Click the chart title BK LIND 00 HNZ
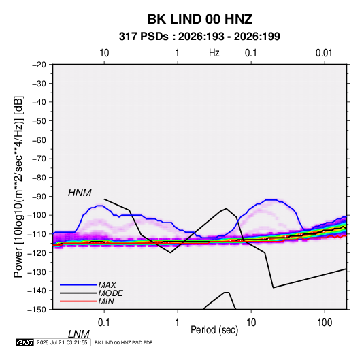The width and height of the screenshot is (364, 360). point(200,19)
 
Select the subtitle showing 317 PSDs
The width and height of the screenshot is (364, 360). point(199,37)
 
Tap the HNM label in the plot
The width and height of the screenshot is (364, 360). point(80,193)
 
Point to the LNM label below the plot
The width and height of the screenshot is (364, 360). point(78,334)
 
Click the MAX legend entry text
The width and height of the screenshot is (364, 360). point(107,284)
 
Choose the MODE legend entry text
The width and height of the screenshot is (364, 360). point(110,293)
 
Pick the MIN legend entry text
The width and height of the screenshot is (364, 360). point(106,301)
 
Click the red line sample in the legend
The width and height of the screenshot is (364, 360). point(78,301)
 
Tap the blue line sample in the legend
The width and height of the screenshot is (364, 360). point(78,284)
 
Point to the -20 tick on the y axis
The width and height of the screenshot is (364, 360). point(39,65)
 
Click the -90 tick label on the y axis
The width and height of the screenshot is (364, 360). point(39,197)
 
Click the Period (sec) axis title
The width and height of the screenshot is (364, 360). point(214,330)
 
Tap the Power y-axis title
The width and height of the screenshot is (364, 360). point(18,187)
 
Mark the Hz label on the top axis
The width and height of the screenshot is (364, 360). point(214,53)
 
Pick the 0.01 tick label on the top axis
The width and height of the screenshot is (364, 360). point(324,53)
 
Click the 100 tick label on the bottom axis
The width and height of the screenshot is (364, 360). point(325,323)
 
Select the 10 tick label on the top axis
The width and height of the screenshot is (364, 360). point(104,53)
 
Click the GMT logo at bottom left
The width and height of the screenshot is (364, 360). point(24,342)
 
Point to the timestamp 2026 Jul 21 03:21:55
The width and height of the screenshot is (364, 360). point(62,342)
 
